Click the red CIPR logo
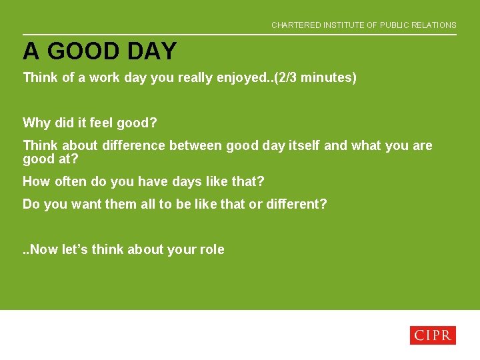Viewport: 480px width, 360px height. (x=432, y=335)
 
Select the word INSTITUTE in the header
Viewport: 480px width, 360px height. (x=343, y=25)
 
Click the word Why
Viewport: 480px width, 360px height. (x=36, y=123)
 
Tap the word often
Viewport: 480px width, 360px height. (x=67, y=181)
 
